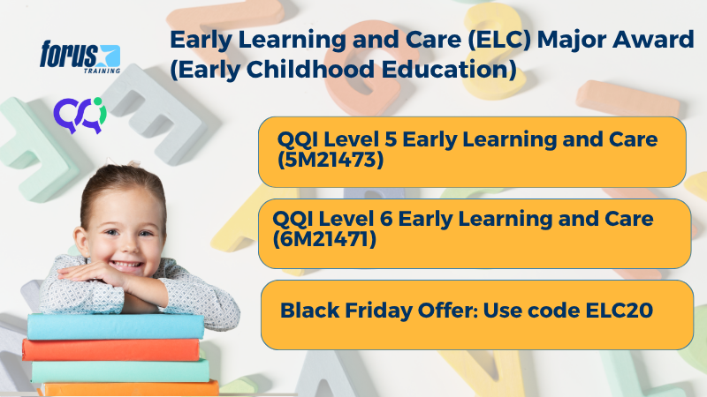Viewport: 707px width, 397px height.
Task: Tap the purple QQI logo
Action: tap(80, 113)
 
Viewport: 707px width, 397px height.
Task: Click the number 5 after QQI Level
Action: tap(410, 139)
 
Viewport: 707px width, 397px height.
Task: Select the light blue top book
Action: tap(115, 326)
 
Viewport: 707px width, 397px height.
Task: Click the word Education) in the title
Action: tap(450, 70)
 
